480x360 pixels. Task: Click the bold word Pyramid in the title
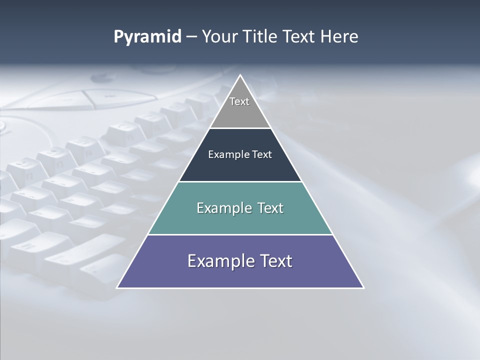click(147, 37)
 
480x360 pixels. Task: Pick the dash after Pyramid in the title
click(191, 37)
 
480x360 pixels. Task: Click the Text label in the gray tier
click(239, 101)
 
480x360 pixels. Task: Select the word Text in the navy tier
click(262, 154)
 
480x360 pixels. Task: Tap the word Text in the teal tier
click(270, 208)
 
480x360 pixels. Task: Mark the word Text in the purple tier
click(276, 261)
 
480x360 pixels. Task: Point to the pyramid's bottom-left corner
click(117, 287)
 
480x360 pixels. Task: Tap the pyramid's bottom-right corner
click(363, 287)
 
